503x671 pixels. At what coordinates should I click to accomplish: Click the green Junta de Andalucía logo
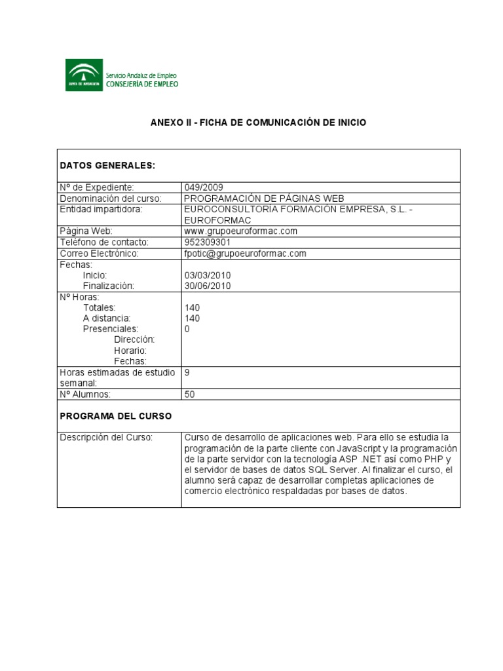click(x=84, y=75)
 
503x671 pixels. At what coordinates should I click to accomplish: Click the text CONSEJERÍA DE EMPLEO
click(x=141, y=84)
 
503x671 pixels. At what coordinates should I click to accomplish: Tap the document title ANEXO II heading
click(x=258, y=123)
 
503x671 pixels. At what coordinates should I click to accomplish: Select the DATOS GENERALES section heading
click(x=107, y=166)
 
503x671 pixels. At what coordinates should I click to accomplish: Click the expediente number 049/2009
click(x=204, y=187)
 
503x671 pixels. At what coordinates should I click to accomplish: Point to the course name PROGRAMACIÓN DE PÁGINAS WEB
click(x=264, y=199)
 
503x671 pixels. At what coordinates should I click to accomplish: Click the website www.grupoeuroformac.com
click(x=241, y=231)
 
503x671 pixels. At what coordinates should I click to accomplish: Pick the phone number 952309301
click(x=208, y=242)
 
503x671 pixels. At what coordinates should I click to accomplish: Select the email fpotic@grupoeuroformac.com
click(x=246, y=253)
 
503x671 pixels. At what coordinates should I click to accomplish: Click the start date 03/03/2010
click(x=208, y=275)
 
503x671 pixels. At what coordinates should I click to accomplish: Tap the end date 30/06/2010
click(x=208, y=286)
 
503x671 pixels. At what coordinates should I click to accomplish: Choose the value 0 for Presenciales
click(x=187, y=329)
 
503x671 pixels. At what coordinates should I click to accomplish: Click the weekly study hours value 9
click(x=187, y=372)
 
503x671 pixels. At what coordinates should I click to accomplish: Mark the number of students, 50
click(x=190, y=394)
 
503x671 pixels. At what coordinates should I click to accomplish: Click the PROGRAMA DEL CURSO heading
click(x=116, y=416)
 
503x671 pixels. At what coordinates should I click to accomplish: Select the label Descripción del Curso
click(x=106, y=437)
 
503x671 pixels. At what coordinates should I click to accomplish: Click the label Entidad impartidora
click(x=101, y=209)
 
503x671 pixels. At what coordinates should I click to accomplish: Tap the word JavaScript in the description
click(x=360, y=448)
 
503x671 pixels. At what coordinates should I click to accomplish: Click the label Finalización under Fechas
click(x=108, y=286)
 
